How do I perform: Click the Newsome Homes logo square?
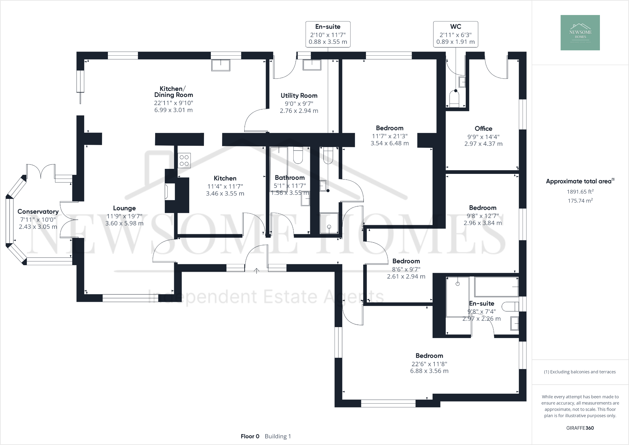click(x=580, y=33)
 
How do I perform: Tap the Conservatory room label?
click(x=38, y=212)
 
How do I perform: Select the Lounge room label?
click(x=124, y=208)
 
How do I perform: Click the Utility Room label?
click(x=299, y=96)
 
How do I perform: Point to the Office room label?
click(x=483, y=129)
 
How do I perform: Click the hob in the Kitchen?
click(x=184, y=161)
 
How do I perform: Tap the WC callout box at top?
click(x=455, y=34)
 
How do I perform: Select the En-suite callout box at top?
click(x=328, y=34)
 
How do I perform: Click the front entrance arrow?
click(x=256, y=271)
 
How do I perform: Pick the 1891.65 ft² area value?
click(x=580, y=192)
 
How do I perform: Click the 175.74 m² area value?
click(x=580, y=201)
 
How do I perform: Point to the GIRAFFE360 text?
click(x=580, y=428)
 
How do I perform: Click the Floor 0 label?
click(x=250, y=436)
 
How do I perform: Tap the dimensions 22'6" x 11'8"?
click(x=429, y=364)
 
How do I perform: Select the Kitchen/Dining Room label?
click(x=174, y=92)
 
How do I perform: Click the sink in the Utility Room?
click(x=312, y=65)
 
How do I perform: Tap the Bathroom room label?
click(x=290, y=178)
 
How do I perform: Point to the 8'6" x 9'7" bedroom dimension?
click(x=406, y=269)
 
